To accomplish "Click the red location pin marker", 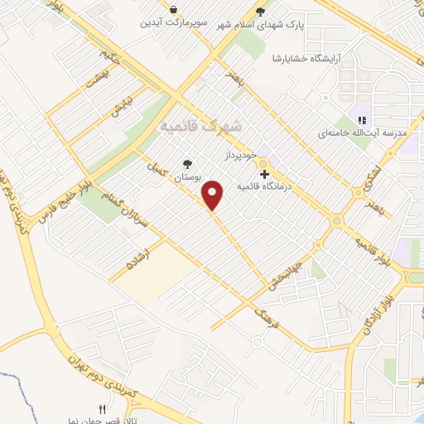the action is coord(214,195).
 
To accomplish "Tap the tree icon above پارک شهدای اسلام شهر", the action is coord(261,11).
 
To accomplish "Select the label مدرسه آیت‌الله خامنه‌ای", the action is coord(364,132).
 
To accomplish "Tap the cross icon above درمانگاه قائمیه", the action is coord(264,175).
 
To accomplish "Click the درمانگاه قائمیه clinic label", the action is coord(266,187).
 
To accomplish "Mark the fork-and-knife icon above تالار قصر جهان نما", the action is coord(103,409).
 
